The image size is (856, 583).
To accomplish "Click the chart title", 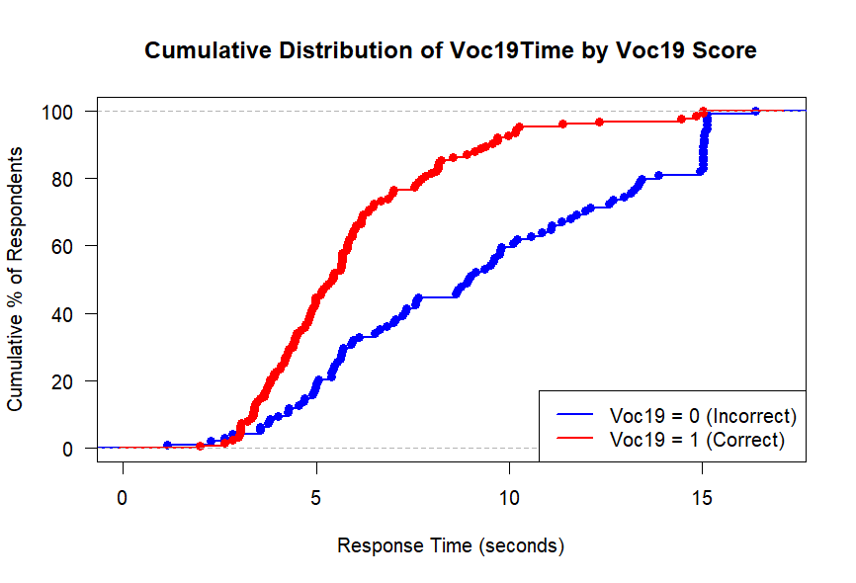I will pyautogui.click(x=451, y=51).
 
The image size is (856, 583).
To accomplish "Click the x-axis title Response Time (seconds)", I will pyautogui.click(x=451, y=545).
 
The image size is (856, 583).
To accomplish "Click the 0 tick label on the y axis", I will pyautogui.click(x=67, y=449).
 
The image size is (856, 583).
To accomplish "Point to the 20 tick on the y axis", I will pyautogui.click(x=67, y=381).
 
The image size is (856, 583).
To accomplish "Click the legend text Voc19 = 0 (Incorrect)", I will pyautogui.click(x=703, y=415).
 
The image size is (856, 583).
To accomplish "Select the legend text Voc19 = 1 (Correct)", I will pyautogui.click(x=697, y=439).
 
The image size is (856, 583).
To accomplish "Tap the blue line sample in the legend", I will pyautogui.click(x=575, y=415).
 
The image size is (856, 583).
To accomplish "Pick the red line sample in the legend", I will pyautogui.click(x=575, y=439).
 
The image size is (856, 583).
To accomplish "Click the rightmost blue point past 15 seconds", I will pyautogui.click(x=756, y=111).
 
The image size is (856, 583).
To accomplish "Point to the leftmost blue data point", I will pyautogui.click(x=167, y=445).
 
